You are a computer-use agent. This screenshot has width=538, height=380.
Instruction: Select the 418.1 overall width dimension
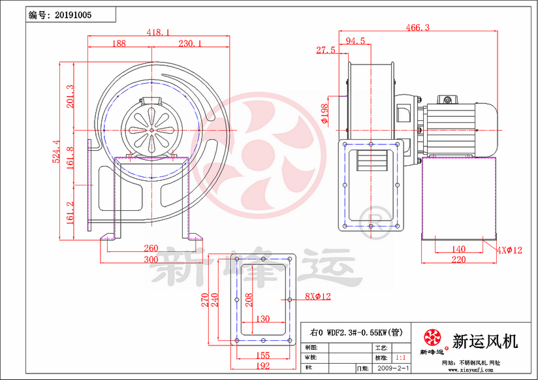click(x=158, y=32)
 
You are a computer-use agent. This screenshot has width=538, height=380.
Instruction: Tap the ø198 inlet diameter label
click(x=324, y=114)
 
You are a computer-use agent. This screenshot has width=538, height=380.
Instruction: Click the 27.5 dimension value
click(x=325, y=50)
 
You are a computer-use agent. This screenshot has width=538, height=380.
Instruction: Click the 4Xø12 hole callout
click(x=509, y=250)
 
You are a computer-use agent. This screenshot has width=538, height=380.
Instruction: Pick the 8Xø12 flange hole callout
click(x=318, y=296)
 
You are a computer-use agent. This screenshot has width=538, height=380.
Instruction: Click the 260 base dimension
click(x=150, y=248)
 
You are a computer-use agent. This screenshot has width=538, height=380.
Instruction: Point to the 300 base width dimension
click(x=150, y=260)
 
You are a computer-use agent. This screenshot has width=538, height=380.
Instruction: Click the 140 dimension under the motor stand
click(x=459, y=249)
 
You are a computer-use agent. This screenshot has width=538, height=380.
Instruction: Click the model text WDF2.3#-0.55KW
click(x=356, y=332)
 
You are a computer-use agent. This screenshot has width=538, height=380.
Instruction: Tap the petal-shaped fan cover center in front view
click(x=151, y=129)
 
